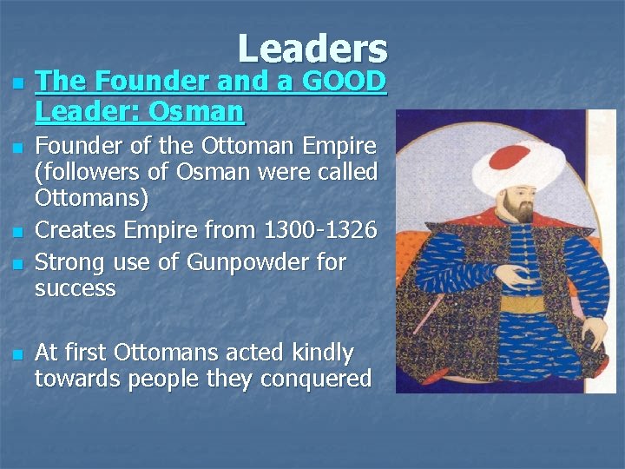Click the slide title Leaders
[x=312, y=49]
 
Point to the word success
[x=75, y=288]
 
